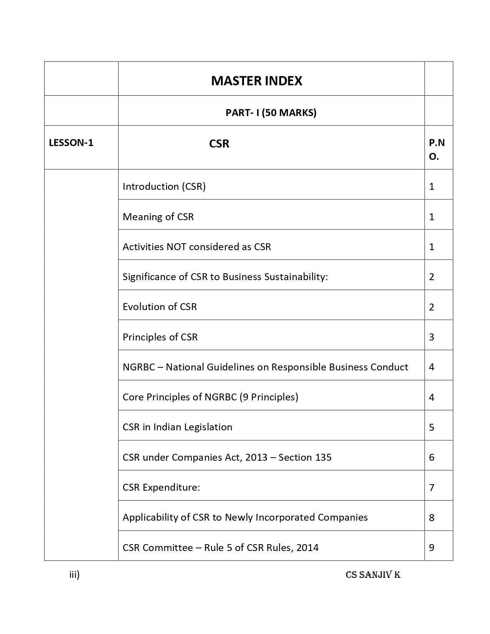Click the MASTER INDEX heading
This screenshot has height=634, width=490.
pyautogui.click(x=256, y=81)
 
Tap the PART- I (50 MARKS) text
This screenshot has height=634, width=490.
pyautogui.click(x=271, y=113)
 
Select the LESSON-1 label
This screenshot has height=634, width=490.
pyautogui.click(x=71, y=143)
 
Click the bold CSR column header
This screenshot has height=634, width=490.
pyautogui.click(x=219, y=144)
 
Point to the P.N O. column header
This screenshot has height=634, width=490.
pyautogui.click(x=437, y=149)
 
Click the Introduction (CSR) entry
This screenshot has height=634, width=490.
pyautogui.click(x=164, y=186)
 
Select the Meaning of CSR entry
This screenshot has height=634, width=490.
pyautogui.click(x=158, y=217)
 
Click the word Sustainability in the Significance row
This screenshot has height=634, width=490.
pyautogui.click(x=296, y=277)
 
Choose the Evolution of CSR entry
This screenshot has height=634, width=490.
pyautogui.click(x=159, y=307)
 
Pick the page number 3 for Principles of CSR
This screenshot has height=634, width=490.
pyautogui.click(x=432, y=337)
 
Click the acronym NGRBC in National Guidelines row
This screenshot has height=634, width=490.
pyautogui.click(x=139, y=367)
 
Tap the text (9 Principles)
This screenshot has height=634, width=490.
pyautogui.click(x=269, y=397)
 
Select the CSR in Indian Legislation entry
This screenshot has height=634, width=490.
pyautogui.click(x=177, y=427)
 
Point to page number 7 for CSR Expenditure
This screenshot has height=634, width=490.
pyautogui.click(x=432, y=488)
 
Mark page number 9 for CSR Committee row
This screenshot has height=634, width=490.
pyautogui.click(x=432, y=548)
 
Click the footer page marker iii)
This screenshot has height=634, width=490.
pyautogui.click(x=74, y=575)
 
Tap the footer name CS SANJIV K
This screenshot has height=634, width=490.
pyautogui.click(x=373, y=575)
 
